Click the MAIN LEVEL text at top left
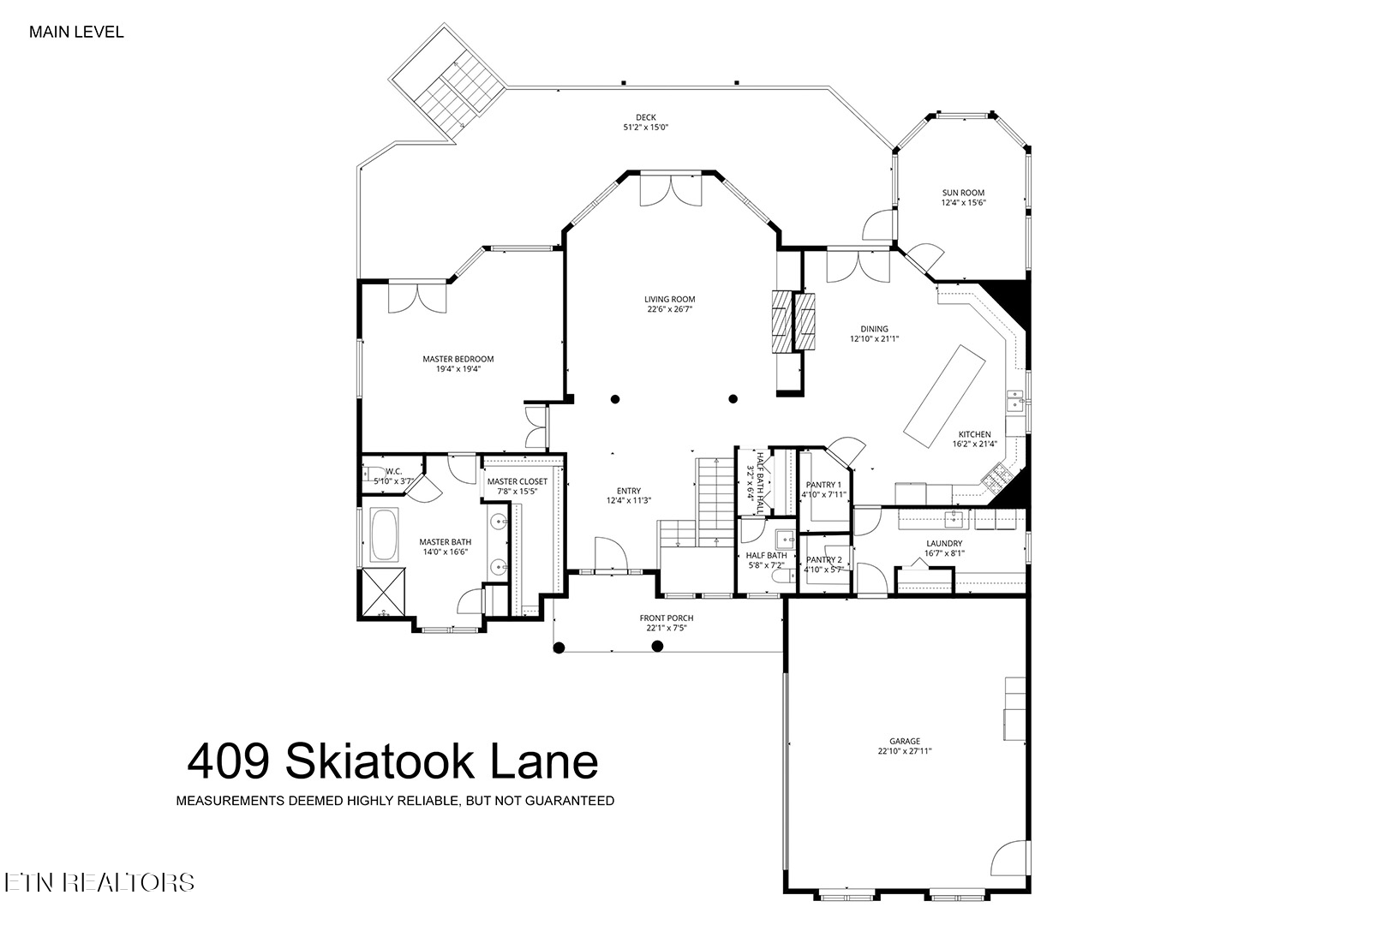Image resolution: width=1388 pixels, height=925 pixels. click(76, 33)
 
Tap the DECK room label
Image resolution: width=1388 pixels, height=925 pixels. click(645, 117)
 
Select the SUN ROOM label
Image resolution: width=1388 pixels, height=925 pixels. click(963, 193)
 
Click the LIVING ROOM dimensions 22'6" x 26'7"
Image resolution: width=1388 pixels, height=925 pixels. click(670, 309)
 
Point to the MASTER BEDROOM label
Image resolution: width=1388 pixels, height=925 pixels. click(458, 359)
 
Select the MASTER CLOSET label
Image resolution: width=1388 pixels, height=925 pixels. click(517, 481)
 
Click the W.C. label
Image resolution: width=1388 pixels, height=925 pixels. click(393, 471)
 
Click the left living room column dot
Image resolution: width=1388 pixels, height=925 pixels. click(615, 398)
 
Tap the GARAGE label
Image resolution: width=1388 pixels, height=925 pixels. click(904, 741)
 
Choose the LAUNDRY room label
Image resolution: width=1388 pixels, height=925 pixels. click(943, 543)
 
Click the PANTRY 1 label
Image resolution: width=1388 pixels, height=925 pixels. click(823, 485)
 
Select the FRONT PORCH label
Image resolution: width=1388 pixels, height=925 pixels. click(666, 618)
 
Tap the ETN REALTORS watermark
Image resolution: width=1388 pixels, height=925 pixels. click(99, 882)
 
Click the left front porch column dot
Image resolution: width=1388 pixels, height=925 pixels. click(559, 647)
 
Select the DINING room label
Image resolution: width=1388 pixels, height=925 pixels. click(874, 329)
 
